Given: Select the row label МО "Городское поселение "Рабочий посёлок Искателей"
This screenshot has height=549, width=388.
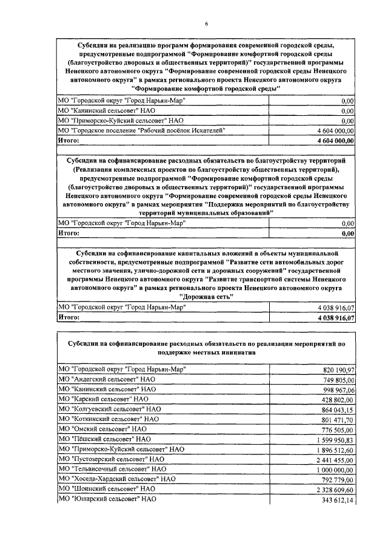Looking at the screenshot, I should coord(141,130).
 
